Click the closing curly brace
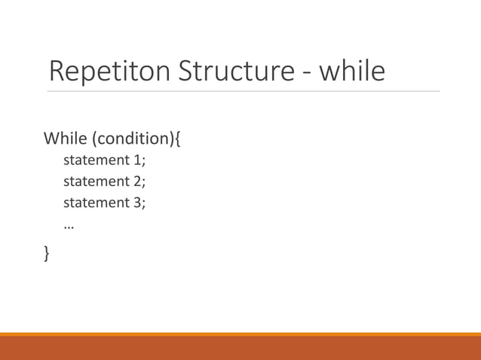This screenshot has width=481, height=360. click(47, 255)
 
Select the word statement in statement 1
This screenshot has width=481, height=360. click(97, 160)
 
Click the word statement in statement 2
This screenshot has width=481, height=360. click(97, 182)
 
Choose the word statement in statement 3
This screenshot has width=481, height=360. click(97, 203)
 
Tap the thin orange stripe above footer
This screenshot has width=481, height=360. click(240, 334)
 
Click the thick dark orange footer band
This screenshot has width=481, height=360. click(240, 348)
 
